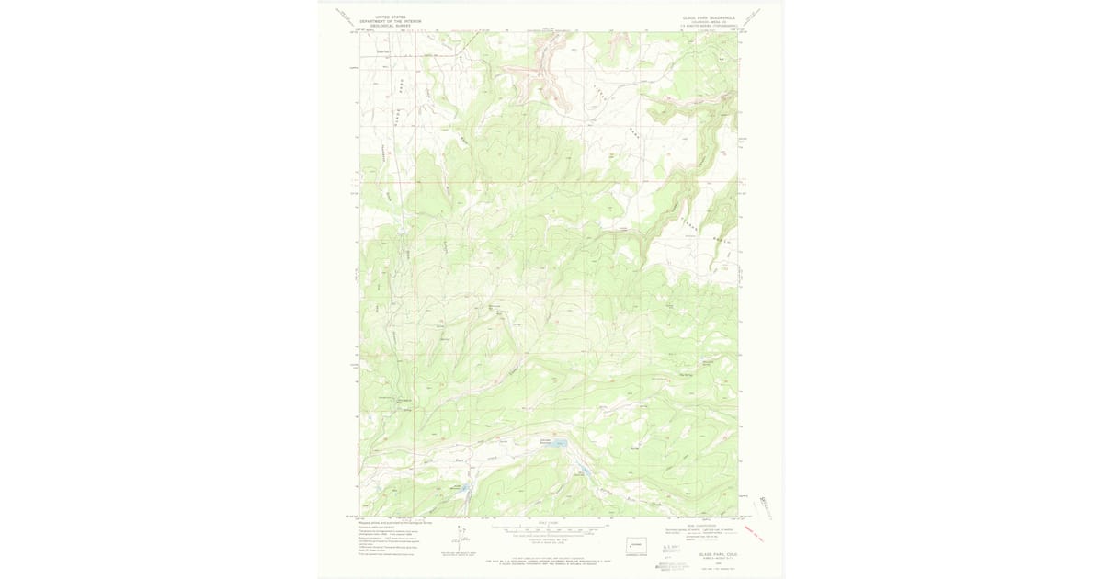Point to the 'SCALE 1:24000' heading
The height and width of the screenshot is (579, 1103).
pyautogui.click(x=548, y=521)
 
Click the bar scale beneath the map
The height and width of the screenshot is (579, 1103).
pyautogui.click(x=548, y=529)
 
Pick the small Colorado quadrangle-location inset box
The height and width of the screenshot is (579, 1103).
pyautogui.click(x=636, y=544)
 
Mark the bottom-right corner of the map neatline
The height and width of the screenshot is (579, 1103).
pyautogui.click(x=738, y=516)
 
